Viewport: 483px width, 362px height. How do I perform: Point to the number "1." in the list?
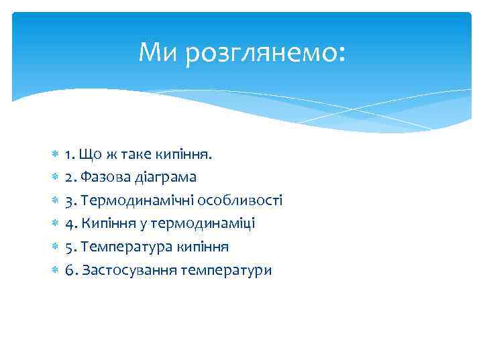[70, 154]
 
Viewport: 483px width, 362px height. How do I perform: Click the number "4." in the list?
[70, 224]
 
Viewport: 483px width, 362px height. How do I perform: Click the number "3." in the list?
[70, 200]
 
